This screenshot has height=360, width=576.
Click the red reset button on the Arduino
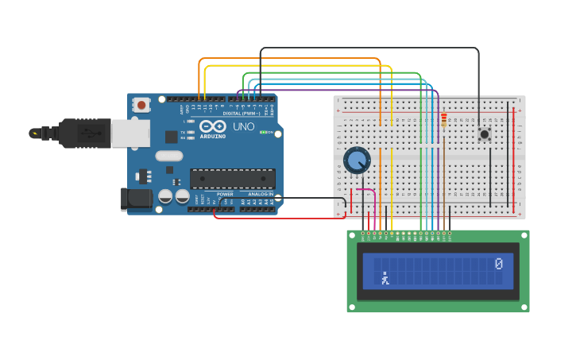pos(141,104)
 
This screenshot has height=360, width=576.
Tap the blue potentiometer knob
pos(357,160)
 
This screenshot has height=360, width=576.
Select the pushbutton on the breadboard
pos(484,134)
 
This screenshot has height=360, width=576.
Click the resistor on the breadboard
pos(443,120)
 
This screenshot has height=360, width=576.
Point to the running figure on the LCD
pos(385,278)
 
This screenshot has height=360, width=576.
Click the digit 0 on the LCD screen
pos(498,264)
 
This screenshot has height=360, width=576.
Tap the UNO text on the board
pos(243,126)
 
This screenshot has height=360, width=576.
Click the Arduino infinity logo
pos(213,126)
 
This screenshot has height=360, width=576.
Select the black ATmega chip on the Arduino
pos(232,178)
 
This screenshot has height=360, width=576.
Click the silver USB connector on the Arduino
pos(130,134)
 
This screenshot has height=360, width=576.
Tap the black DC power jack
pos(136,199)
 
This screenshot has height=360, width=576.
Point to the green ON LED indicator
pos(264,132)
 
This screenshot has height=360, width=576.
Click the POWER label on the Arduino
pos(225,194)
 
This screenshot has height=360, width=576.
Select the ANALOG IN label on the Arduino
pos(259,194)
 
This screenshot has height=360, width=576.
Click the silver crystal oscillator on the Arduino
pos(169,156)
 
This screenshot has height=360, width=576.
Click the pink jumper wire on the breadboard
pos(367,191)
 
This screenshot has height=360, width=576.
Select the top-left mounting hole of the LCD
pos(351,234)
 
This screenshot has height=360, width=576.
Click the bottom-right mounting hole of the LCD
pos(524,307)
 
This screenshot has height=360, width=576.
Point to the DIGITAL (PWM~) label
pos(242,113)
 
